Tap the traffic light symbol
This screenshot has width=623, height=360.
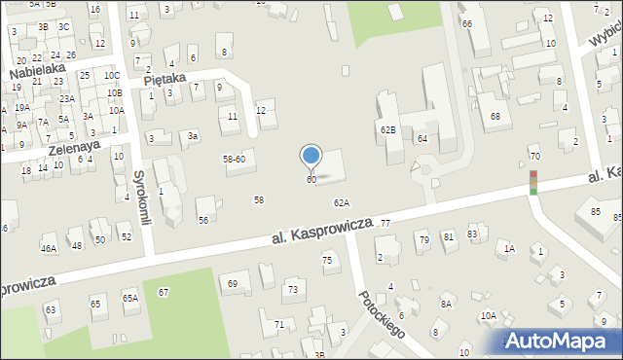[x=533, y=182]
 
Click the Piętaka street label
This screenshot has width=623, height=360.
[x=164, y=82]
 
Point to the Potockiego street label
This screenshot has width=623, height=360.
[x=380, y=312]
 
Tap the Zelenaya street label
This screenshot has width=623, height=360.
[x=74, y=146]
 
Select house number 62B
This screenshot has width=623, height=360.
[x=387, y=129]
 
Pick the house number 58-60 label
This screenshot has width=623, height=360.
[x=234, y=159]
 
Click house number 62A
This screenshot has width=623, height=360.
[x=341, y=203]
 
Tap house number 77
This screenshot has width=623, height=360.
[x=385, y=224]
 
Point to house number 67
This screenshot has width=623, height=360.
[x=164, y=292]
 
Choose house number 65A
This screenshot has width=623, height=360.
[x=129, y=298]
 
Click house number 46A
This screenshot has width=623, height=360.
[x=48, y=248]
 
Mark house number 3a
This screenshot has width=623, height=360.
[x=193, y=136]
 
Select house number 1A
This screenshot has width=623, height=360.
[x=508, y=248]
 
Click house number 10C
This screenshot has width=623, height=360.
[x=112, y=76]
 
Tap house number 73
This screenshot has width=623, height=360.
[x=292, y=289]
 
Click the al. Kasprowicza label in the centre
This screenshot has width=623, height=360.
[x=318, y=232]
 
